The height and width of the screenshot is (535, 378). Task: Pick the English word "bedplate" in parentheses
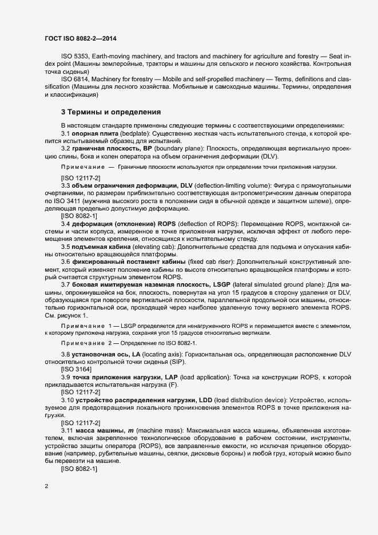pos(131,133)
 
